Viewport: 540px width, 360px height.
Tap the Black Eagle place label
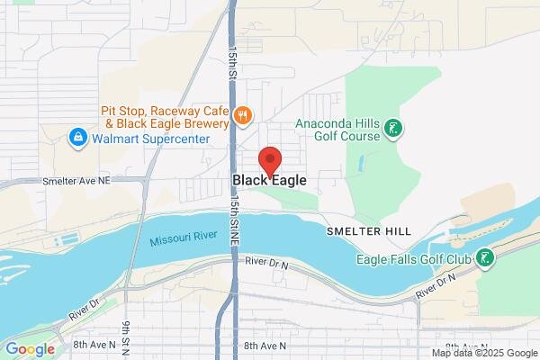coord(269,180)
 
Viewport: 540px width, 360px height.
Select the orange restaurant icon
coord(241,115)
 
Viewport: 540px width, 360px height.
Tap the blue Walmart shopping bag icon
coord(78,139)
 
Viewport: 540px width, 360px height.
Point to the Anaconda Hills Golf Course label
coord(337,131)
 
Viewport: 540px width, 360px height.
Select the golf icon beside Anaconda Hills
coord(391,130)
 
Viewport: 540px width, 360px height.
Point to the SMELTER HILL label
coord(369,231)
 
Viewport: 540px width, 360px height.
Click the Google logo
coord(30,349)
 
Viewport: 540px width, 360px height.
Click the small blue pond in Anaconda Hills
coord(360,166)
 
